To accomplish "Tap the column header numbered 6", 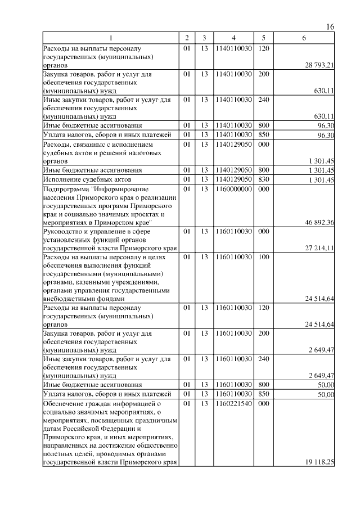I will coord(304,38).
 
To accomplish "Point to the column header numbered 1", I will coord(111,38).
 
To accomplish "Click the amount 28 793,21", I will coord(319,66).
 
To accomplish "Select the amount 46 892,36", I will coord(319,223).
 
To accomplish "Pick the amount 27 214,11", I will coord(319,248).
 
